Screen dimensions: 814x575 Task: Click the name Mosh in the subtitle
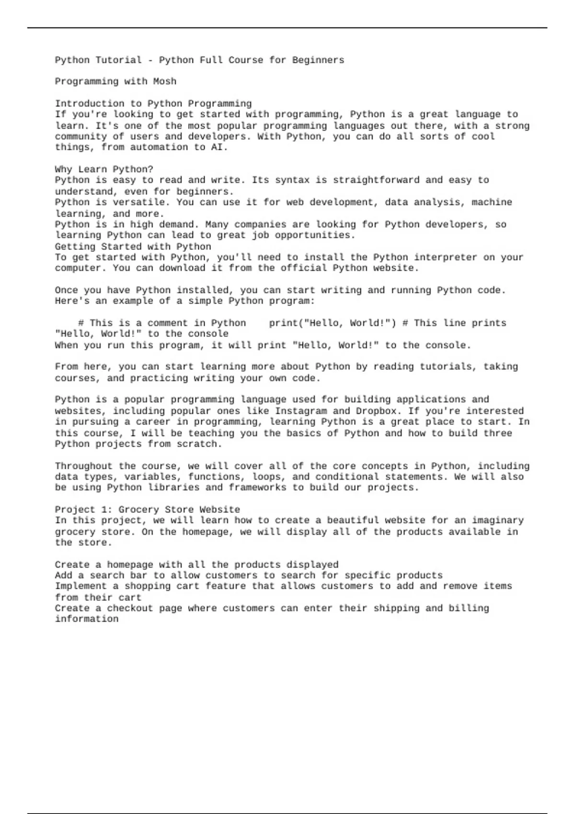point(165,81)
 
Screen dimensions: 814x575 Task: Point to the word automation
point(159,147)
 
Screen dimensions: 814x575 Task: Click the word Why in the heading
point(63,170)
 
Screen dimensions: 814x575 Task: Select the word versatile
point(139,202)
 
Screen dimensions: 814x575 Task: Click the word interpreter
point(446,257)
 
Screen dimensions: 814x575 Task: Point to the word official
point(304,268)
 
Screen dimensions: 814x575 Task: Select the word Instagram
point(301,411)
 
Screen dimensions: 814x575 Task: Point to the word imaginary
point(498,520)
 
